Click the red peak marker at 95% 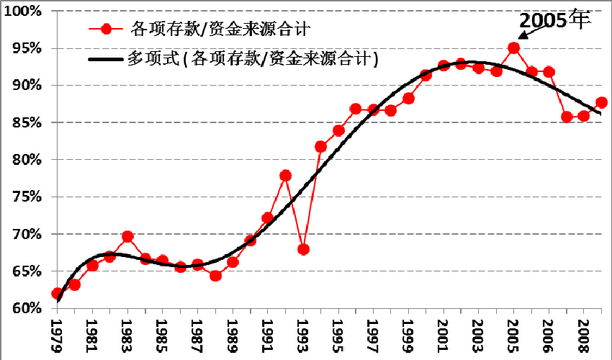[513, 48]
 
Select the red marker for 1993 [303, 250]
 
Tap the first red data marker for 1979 [58, 294]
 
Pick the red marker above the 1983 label [127, 236]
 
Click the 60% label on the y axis [25, 308]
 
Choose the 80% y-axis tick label [25, 160]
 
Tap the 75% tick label [25, 197]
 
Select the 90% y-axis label [25, 86]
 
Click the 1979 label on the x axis [58, 332]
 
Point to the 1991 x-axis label [268, 332]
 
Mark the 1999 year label [408, 332]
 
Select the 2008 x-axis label [583, 332]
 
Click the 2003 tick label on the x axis [478, 332]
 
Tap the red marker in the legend [107, 30]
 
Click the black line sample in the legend [106, 59]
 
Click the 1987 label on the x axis [198, 332]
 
